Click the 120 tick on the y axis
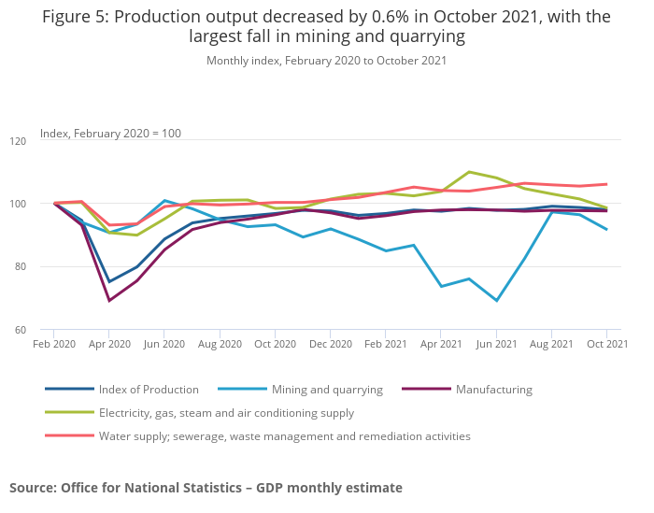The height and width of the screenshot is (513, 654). tap(44, 140)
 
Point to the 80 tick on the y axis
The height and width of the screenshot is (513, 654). tap(46, 266)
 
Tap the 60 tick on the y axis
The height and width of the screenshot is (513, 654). tap(46, 329)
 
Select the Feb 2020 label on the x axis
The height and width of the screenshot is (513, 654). tap(53, 345)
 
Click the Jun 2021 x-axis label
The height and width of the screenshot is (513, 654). tap(496, 345)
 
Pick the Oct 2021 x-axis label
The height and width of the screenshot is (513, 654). tap(606, 345)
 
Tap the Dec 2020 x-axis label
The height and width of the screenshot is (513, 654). tap(330, 345)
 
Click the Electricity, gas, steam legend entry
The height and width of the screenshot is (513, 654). tap(226, 412)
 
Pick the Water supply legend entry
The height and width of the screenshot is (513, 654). tap(284, 435)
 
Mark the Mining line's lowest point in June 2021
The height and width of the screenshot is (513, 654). tap(496, 300)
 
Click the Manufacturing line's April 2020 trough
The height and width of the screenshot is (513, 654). tap(109, 300)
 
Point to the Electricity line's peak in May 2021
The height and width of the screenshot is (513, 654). tap(469, 172)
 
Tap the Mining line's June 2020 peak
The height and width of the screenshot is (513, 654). tap(164, 200)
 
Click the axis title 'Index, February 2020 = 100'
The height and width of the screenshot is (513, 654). tap(110, 133)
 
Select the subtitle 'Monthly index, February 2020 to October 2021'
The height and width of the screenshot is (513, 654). tap(326, 61)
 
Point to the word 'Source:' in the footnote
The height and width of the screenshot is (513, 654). tap(33, 487)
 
